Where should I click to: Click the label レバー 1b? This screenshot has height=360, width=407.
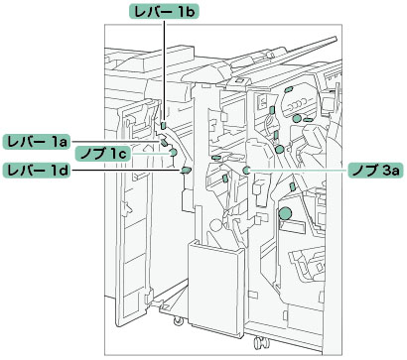164,12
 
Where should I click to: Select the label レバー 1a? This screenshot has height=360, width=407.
36,142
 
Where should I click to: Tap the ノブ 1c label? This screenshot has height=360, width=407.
103,154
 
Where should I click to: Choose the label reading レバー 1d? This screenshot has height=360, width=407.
36,171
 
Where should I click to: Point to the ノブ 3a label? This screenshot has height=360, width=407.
375,171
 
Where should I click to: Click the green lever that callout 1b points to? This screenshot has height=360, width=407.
163,126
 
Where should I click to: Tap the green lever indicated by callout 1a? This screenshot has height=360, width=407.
165,142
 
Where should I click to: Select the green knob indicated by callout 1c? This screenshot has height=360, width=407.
173,153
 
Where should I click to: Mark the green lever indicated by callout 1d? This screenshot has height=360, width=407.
186,171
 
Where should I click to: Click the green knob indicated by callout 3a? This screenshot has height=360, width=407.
246,171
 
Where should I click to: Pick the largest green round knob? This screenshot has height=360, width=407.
285,214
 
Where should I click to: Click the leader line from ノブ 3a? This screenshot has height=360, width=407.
299,171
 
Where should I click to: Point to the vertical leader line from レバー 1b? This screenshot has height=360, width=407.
164,70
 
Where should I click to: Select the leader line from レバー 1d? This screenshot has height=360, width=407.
125,171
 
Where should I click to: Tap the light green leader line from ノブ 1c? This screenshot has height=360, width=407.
150,154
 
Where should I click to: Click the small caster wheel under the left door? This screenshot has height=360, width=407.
178,319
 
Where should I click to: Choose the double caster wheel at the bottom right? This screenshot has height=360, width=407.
260,342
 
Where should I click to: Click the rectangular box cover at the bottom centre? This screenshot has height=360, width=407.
216,289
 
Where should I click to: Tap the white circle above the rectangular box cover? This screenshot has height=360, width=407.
215,226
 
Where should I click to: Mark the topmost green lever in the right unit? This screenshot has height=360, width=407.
289,88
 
